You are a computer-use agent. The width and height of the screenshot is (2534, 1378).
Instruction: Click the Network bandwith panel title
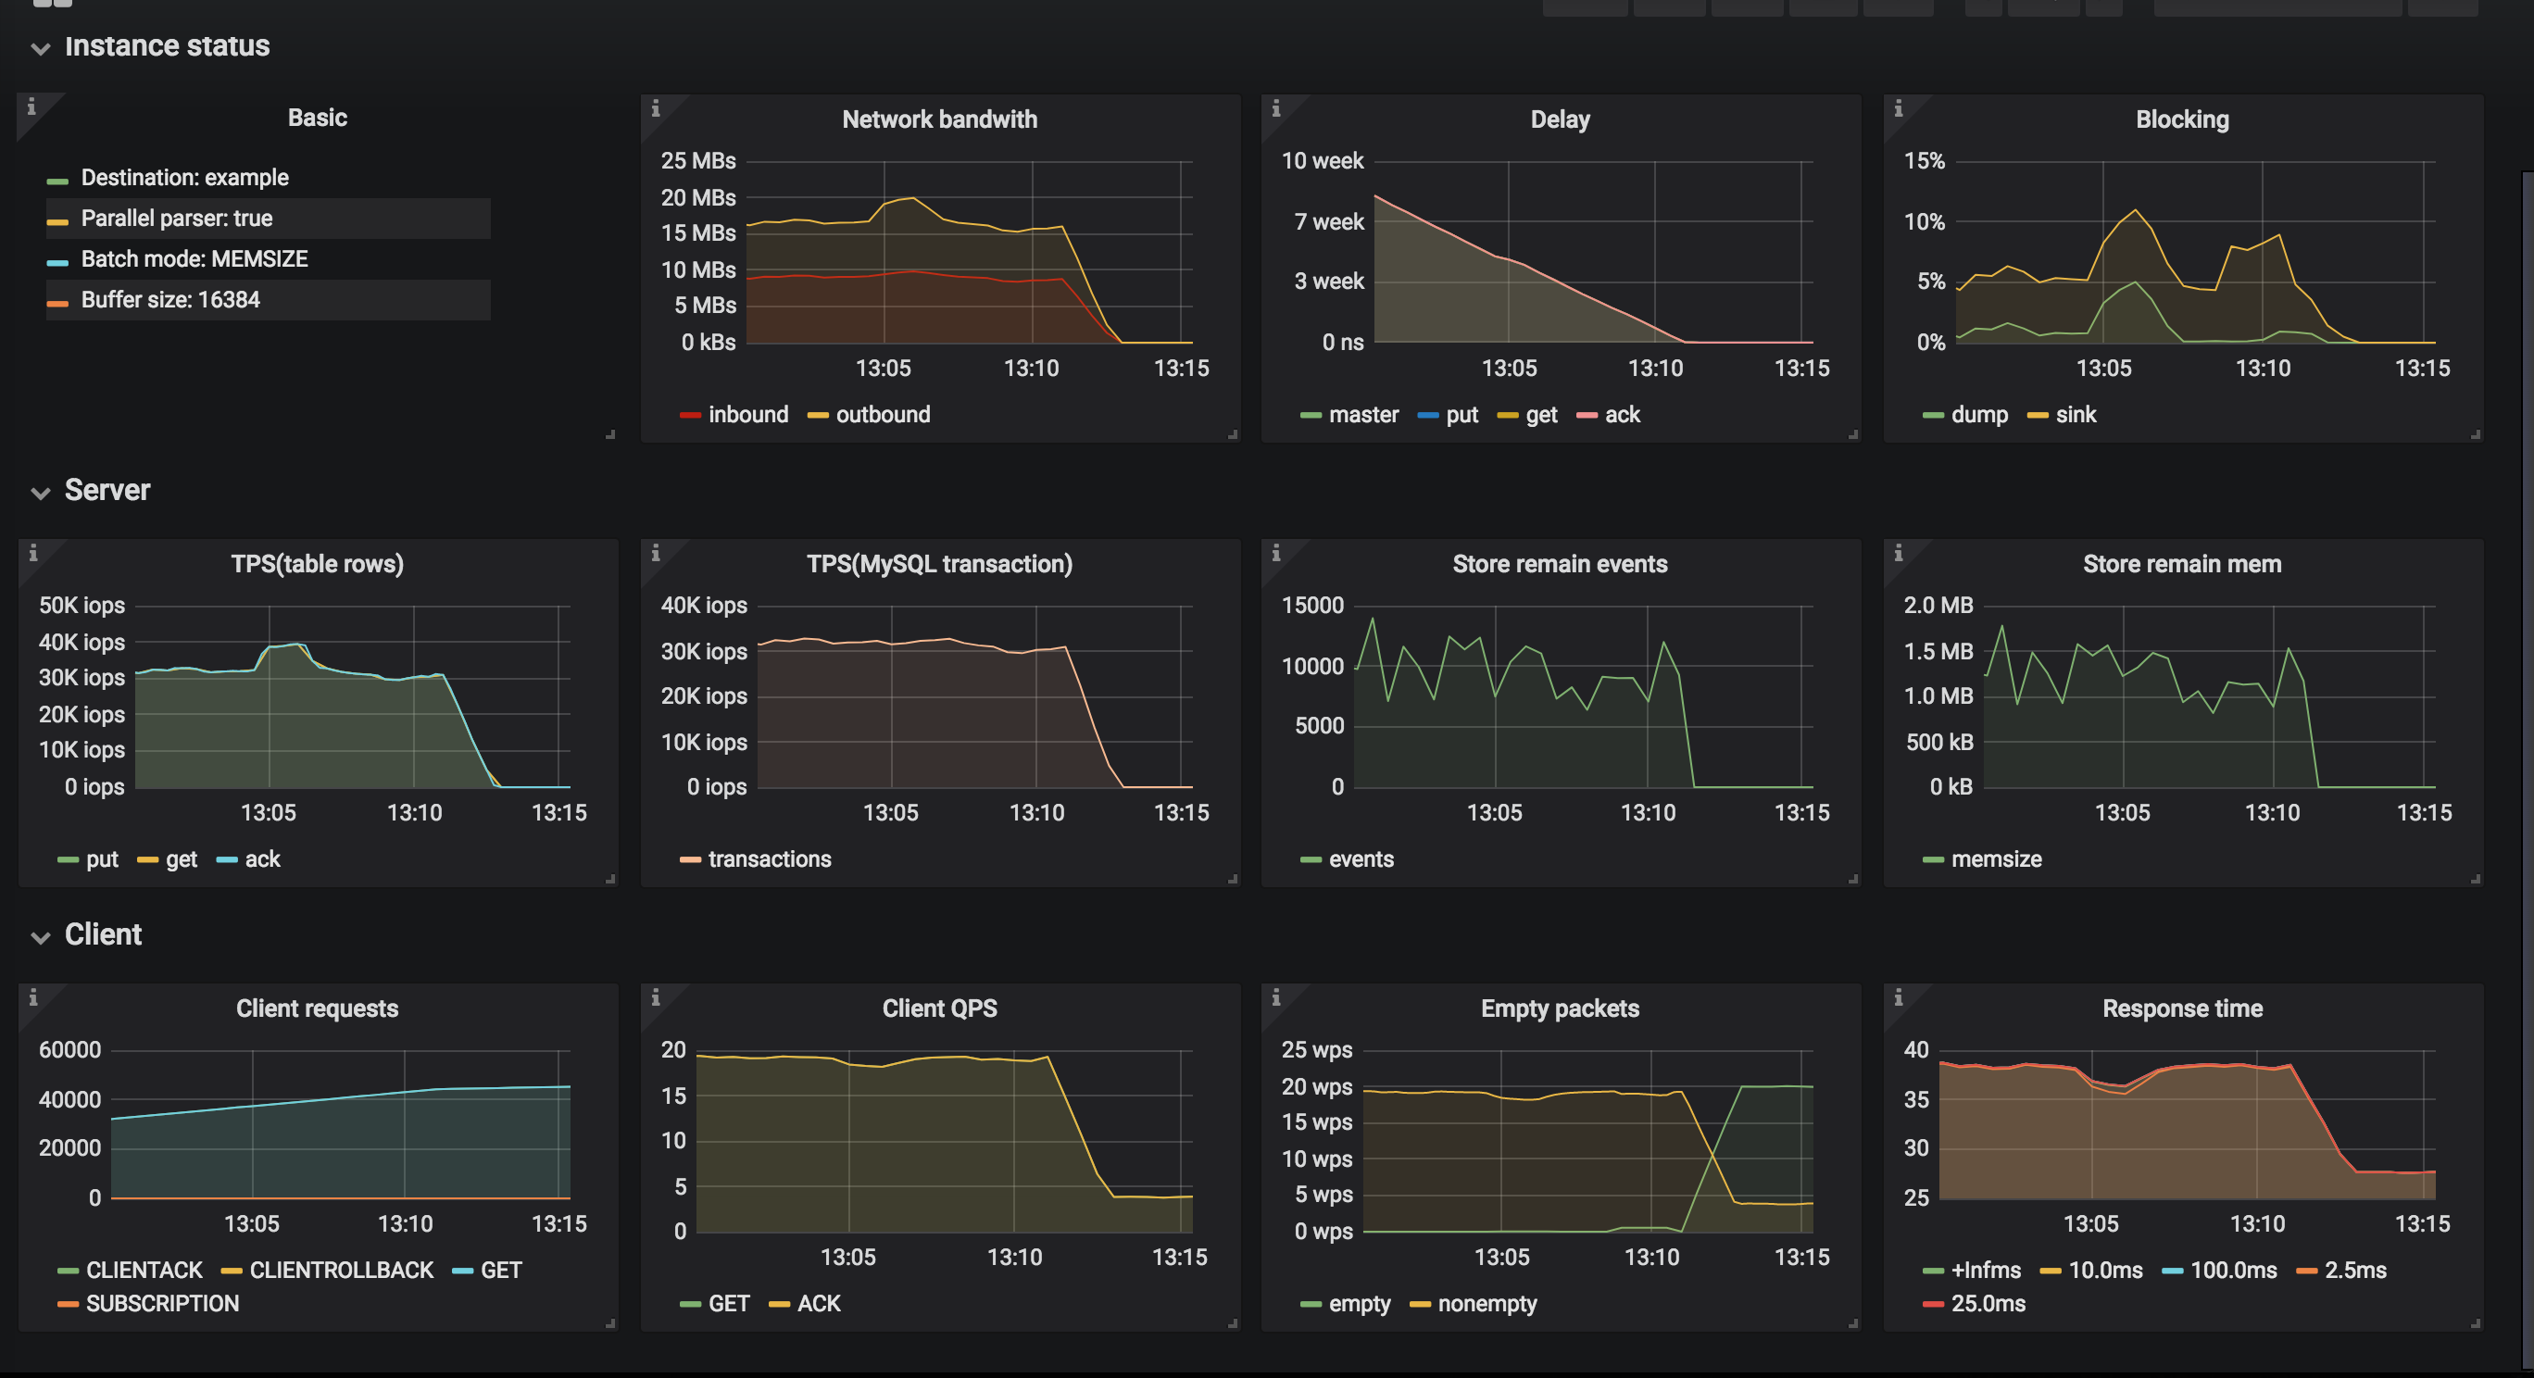coord(938,119)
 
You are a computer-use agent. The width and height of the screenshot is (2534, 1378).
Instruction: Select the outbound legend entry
coord(882,415)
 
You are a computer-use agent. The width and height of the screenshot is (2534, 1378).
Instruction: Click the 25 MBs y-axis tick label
coord(697,160)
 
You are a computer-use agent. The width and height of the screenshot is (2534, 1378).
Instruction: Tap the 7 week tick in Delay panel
coord(1328,222)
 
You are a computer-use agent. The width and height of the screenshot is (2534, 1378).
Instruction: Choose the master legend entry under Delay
coord(1361,415)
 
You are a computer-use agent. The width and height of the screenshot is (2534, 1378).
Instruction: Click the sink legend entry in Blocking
coord(2075,415)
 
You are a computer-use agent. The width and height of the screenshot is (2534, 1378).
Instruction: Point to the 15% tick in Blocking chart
coord(1923,160)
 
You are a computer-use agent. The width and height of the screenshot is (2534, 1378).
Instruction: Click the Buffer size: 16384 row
coord(170,300)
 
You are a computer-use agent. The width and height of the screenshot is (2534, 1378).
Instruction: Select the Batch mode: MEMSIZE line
coord(194,258)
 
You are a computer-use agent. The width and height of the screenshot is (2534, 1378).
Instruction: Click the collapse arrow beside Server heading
coord(41,493)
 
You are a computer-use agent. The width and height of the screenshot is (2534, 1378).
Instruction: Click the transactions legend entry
coord(769,859)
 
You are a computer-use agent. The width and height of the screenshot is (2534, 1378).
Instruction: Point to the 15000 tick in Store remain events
coord(1311,605)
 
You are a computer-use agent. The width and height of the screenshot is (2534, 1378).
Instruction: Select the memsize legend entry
coord(1995,859)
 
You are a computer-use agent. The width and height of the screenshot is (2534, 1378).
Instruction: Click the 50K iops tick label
coord(82,605)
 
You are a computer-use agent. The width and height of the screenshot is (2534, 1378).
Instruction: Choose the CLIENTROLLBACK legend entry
coord(340,1271)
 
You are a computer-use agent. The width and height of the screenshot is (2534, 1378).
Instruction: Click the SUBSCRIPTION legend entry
coord(161,1304)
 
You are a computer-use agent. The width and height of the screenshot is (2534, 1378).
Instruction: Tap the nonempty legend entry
coord(1486,1304)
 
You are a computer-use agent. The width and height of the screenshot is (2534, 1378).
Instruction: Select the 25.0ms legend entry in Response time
coord(1987,1304)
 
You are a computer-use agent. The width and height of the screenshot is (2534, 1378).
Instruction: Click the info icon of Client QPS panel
coord(655,998)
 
